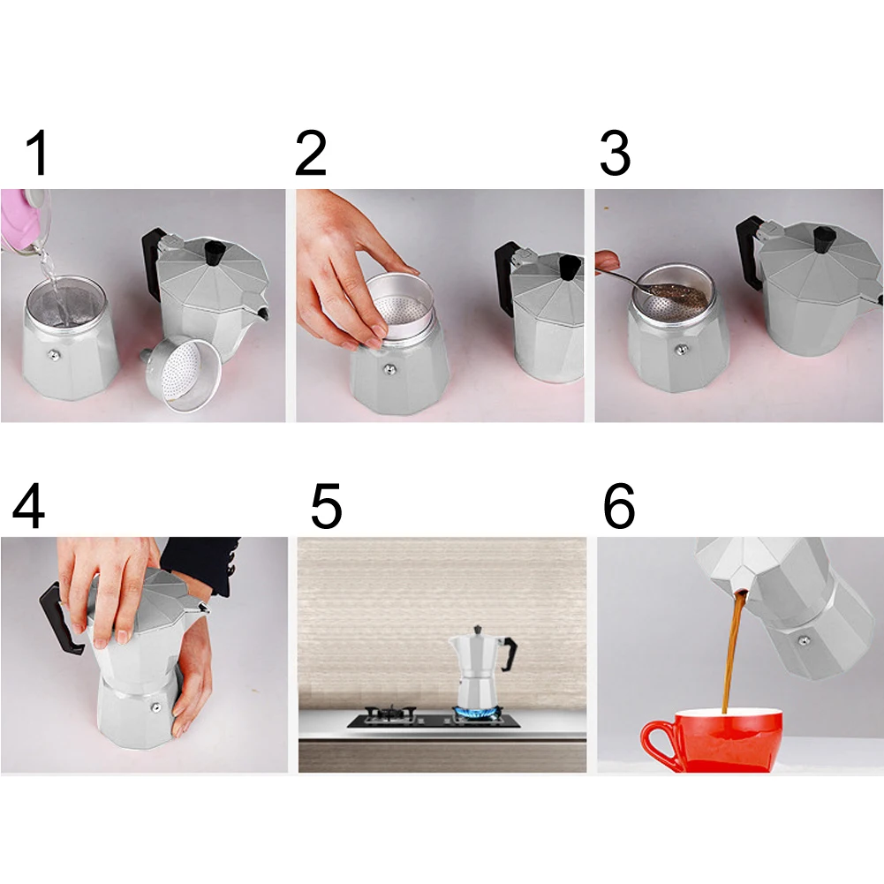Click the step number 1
37,153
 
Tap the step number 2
311,153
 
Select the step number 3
615,153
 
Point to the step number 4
28,505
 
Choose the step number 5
327,505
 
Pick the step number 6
619,505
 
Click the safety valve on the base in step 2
389,370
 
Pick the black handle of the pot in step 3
750,253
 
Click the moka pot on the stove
482,665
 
